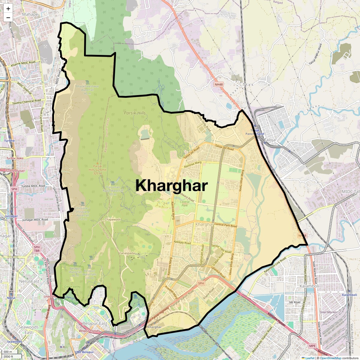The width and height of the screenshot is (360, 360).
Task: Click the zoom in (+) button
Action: point(8,9)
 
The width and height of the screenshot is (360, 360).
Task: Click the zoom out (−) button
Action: point(8,17)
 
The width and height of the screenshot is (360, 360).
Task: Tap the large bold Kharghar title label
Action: point(172,186)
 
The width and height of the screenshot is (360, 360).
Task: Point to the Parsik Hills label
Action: point(135,113)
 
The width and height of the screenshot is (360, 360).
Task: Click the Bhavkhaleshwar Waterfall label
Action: point(87,90)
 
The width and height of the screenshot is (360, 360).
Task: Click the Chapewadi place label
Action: point(112,220)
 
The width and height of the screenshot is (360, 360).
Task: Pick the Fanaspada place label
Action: point(127,253)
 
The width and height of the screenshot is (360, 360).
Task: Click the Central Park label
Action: point(185,204)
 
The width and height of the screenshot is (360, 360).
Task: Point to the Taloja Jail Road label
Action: point(224,147)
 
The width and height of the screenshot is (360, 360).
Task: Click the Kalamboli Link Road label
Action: point(275,265)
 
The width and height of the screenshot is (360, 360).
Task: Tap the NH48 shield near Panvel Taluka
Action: point(219,85)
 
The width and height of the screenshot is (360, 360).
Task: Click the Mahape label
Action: point(30,14)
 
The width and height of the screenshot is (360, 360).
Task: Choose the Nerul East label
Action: point(29,281)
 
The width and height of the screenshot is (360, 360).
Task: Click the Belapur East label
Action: point(94,323)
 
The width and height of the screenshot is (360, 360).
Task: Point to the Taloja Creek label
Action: point(210,319)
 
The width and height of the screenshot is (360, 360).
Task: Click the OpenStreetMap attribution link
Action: point(331,358)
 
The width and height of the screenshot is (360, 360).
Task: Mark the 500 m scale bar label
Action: point(8,352)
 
